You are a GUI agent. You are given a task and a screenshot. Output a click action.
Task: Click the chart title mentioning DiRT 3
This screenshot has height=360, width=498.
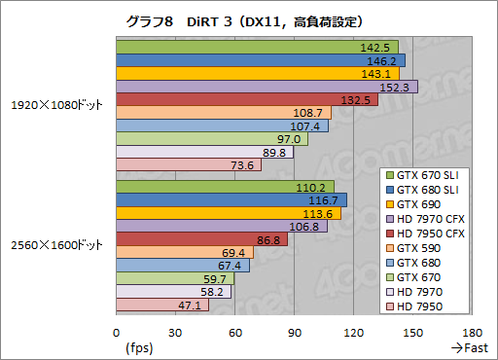coord(250,19)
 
